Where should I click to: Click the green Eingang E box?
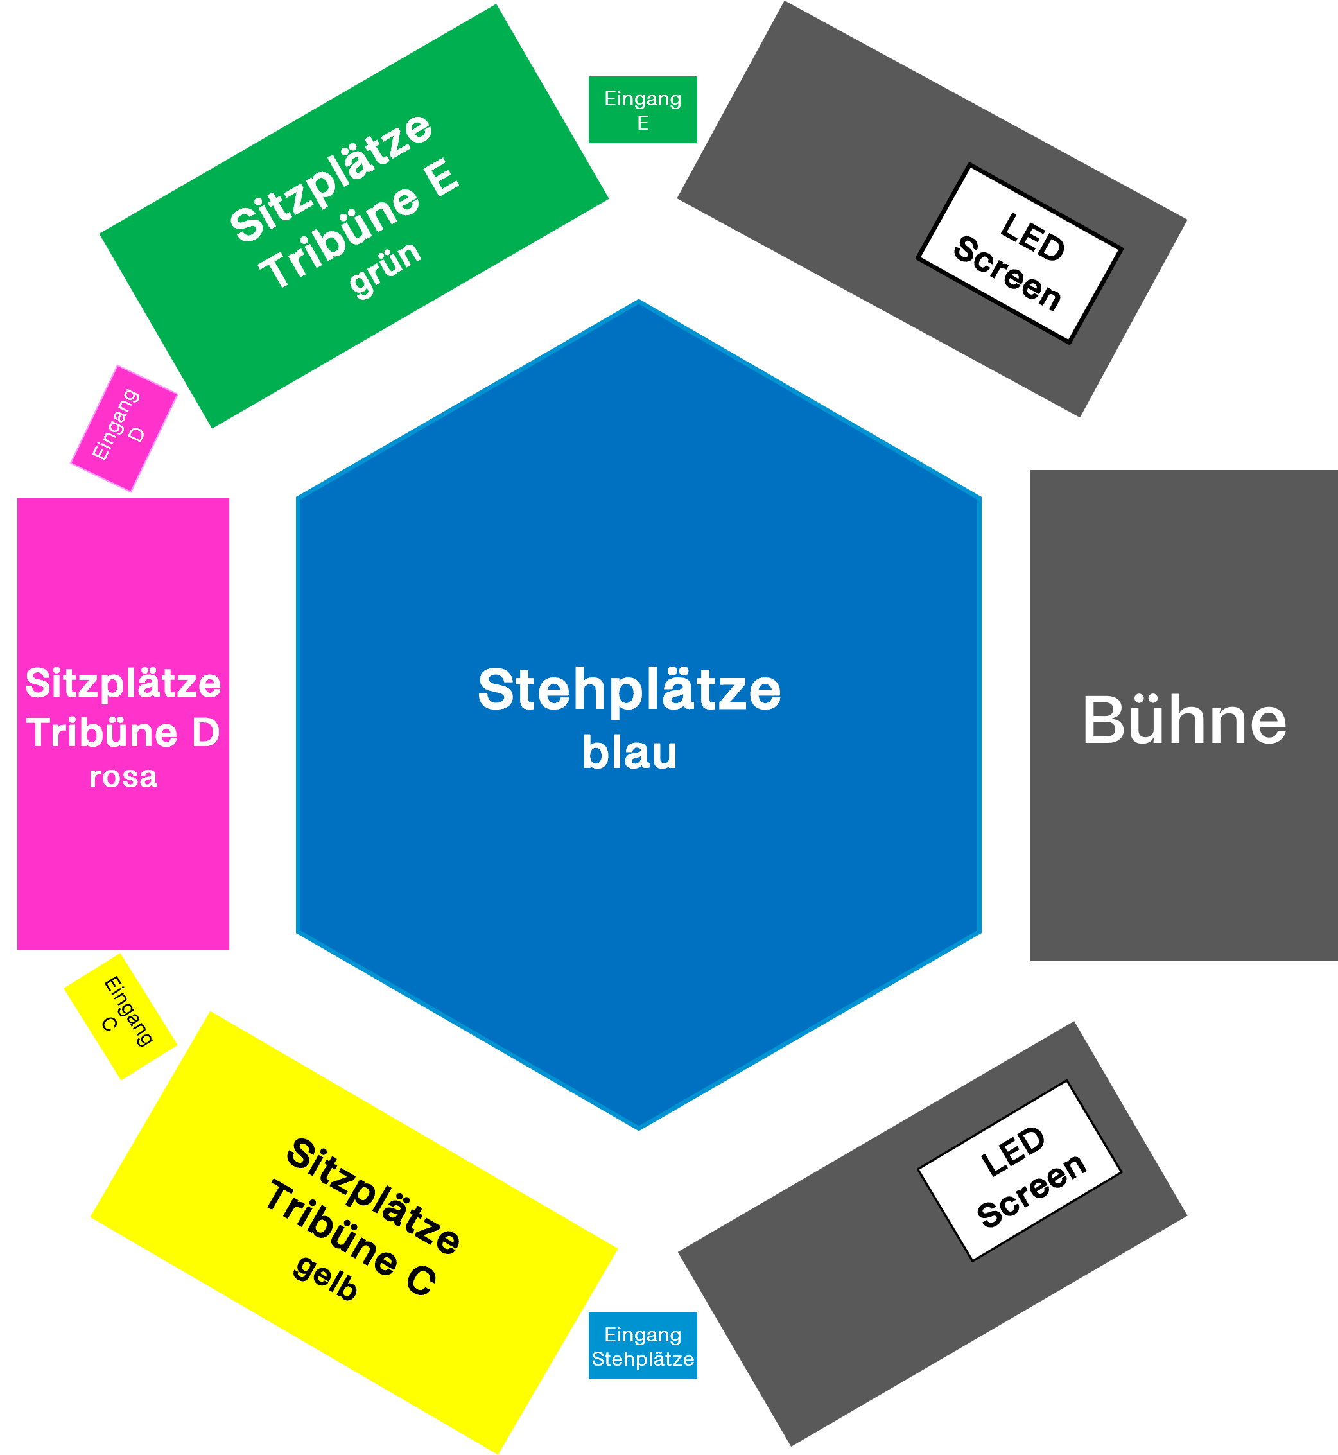coord(642,110)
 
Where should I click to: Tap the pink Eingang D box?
coord(124,428)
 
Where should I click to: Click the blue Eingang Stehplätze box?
coord(642,1346)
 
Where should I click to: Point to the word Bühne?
coord(1185,720)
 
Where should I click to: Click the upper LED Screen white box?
coord(1020,254)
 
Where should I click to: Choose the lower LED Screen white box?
coord(1020,1171)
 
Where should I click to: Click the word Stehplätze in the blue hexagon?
coord(629,690)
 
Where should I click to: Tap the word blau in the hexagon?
coord(629,753)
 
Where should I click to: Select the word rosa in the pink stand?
coord(123,777)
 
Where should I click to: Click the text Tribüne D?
coord(123,732)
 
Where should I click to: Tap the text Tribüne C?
coord(351,1238)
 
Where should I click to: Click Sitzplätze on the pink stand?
coord(123,683)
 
